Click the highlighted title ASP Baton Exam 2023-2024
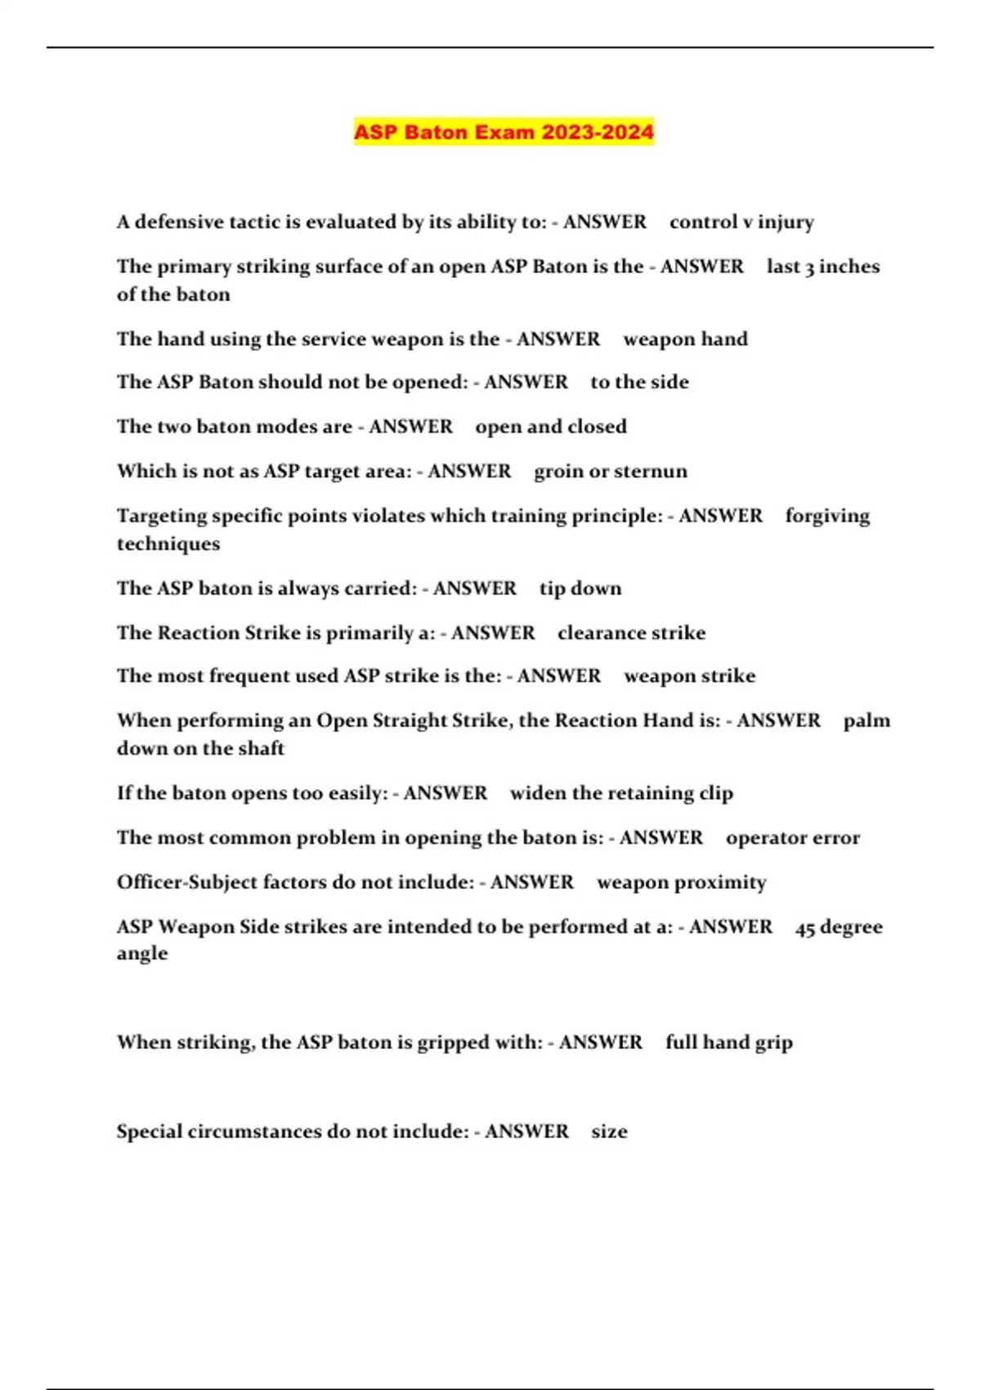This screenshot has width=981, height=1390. pos(504,132)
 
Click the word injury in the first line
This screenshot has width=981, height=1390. pos(786,222)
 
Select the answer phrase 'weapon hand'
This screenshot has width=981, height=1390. pos(685,339)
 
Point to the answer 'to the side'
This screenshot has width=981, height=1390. pos(639,383)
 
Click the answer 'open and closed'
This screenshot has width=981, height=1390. pos(551,427)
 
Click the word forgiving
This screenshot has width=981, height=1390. pos(827,517)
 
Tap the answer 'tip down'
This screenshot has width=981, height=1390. pos(580,589)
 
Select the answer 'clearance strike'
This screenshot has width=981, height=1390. pos(631,633)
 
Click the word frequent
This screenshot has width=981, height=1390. pos(250,676)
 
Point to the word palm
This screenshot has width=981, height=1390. pos(867,721)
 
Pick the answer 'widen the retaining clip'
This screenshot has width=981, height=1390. pos(621,793)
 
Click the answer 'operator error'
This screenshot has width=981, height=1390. pos(792,838)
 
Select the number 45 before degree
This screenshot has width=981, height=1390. pos(805,928)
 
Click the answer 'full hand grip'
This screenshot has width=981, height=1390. pos(728,1042)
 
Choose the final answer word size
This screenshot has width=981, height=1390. pos(609,1132)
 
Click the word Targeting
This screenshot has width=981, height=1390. pos(161,517)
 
